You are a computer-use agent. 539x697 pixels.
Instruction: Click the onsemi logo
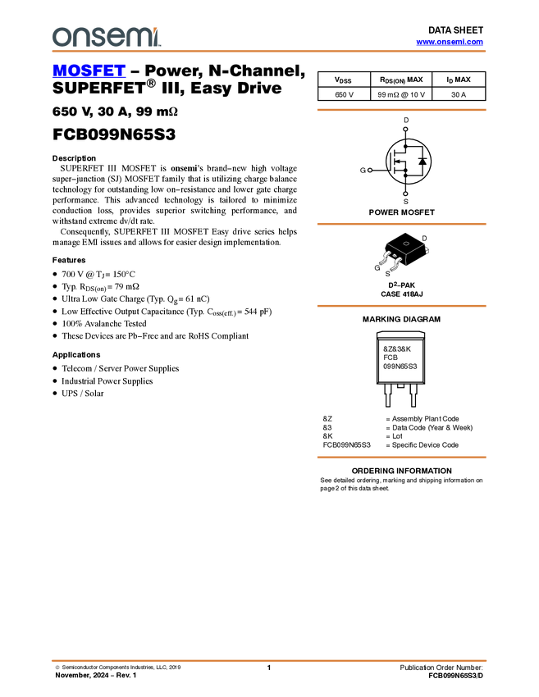[x=106, y=37]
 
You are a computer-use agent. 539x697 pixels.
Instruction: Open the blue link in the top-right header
[x=450, y=42]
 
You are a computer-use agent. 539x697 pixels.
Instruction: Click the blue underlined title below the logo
[x=89, y=71]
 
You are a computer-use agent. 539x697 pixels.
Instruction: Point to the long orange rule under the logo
[x=269, y=52]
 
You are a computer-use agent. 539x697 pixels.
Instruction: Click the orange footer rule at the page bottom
[x=269, y=660]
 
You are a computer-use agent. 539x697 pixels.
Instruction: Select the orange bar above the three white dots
[x=401, y=109]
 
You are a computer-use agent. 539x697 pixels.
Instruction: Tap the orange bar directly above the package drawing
[x=401, y=223]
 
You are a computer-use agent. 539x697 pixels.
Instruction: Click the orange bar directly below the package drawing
[x=401, y=306]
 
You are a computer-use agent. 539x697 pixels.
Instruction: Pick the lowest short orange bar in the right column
[x=401, y=458]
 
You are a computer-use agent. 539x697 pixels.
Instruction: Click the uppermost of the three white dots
[x=405, y=129]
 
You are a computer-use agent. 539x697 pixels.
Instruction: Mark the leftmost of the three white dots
[x=370, y=170]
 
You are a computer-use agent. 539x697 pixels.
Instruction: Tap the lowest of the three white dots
[x=405, y=194]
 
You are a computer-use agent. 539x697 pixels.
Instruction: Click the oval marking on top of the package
[x=406, y=244]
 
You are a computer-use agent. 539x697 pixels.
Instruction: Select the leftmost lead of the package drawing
[x=382, y=262]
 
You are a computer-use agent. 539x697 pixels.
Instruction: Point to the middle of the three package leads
[x=395, y=265]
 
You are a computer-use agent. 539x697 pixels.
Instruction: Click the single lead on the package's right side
[x=427, y=249]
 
